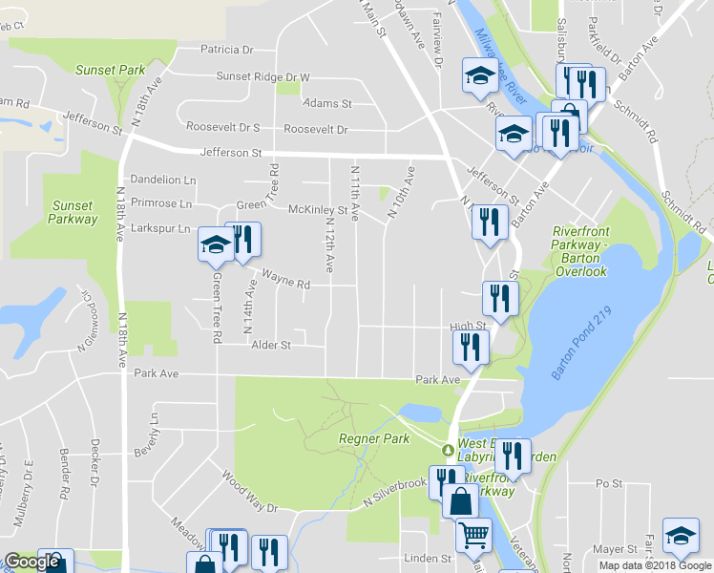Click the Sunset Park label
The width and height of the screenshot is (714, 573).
tap(111, 70)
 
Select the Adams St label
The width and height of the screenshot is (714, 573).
tap(327, 103)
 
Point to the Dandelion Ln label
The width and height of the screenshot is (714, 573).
tap(162, 180)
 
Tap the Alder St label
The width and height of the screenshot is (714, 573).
tap(270, 344)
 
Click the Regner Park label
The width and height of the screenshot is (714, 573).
tap(374, 438)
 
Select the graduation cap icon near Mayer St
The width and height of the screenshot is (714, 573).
tap(681, 537)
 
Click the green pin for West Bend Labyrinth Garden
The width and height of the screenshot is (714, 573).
tap(446, 450)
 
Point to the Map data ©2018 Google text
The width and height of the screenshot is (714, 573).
tap(655, 565)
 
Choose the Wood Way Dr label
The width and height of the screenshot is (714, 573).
tap(248, 491)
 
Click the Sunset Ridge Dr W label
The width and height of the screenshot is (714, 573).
tap(263, 77)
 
